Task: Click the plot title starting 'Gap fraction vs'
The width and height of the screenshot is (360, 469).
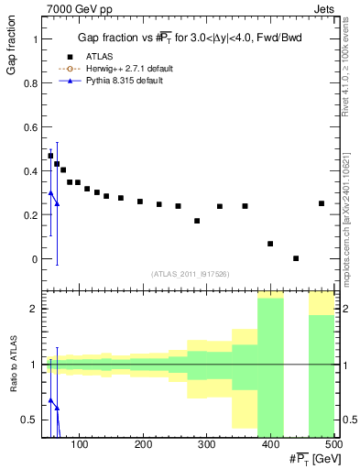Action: (189, 38)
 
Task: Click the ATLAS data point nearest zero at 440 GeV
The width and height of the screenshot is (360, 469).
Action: (296, 258)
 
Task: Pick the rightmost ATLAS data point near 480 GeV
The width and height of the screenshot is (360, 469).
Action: (322, 203)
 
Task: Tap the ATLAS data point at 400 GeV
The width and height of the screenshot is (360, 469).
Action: (270, 244)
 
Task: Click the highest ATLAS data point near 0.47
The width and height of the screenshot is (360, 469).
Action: (50, 156)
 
